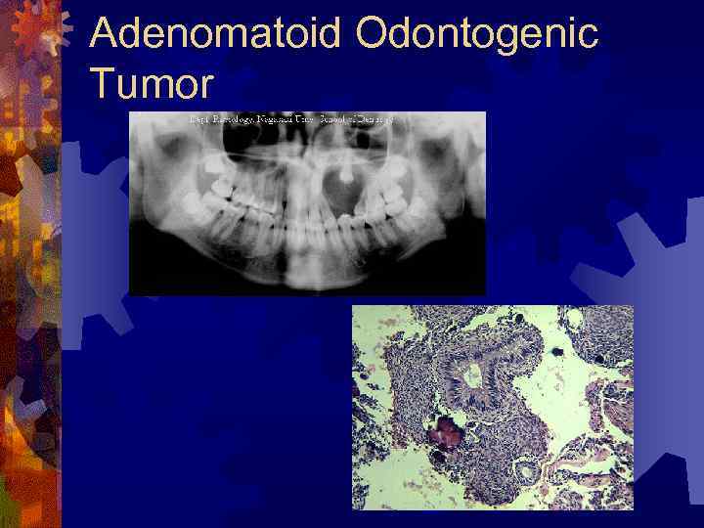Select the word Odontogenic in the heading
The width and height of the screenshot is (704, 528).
[x=476, y=36]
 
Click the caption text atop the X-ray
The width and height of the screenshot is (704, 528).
[x=291, y=119]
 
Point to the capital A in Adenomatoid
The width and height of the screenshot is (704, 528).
[x=106, y=36]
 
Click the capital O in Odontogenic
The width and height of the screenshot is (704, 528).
[x=374, y=36]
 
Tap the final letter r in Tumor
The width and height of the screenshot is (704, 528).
[x=204, y=87]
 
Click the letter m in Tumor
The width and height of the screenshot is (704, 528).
[x=156, y=87]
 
